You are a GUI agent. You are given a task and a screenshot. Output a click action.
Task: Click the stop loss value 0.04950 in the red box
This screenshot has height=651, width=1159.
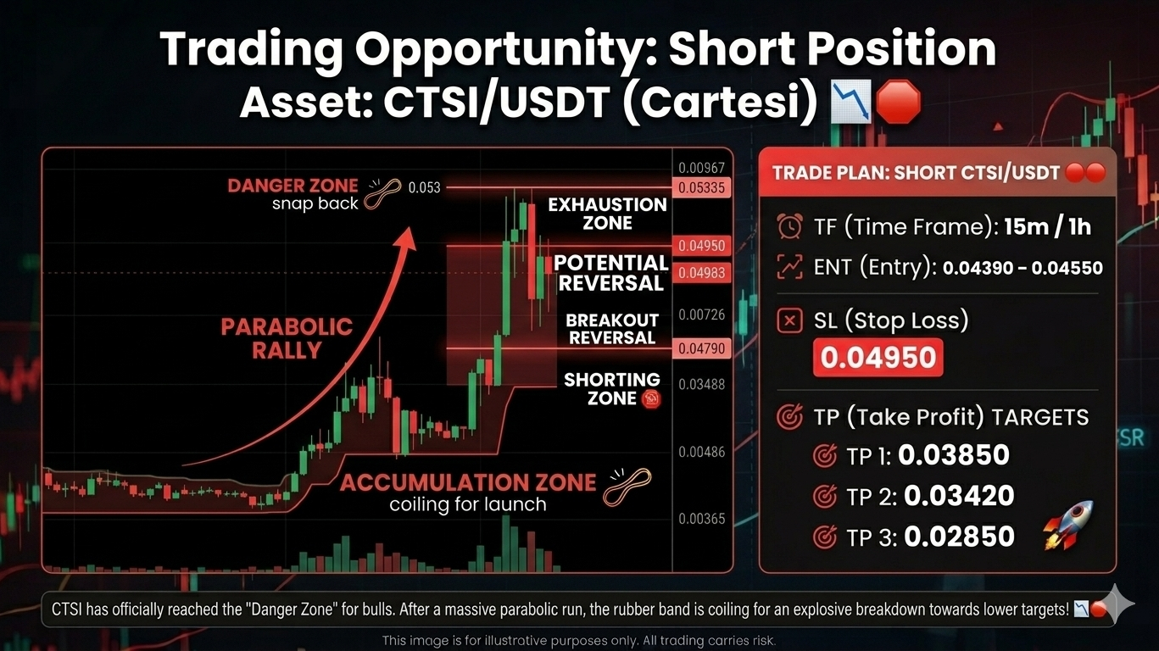pos(878,357)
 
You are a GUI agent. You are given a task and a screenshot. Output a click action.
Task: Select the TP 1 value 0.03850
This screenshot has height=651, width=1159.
pos(954,455)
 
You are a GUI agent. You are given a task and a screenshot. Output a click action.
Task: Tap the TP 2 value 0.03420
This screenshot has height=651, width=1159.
pos(959,496)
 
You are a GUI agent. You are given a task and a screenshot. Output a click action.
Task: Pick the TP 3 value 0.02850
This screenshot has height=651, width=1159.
pos(959,536)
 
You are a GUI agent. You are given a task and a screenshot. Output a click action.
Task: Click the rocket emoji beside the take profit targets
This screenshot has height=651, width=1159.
pos(1068,525)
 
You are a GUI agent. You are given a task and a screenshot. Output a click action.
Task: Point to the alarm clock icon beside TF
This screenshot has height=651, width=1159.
pos(789,226)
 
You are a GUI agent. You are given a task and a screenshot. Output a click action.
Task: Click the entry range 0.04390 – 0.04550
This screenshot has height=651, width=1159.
pos(1022,268)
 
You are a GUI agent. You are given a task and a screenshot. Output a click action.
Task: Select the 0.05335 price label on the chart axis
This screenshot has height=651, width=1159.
pos(702,187)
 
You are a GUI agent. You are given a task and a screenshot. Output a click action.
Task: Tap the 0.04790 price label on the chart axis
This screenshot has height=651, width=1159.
pos(702,348)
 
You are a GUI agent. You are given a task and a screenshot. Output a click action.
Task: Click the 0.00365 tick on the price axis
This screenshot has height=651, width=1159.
pos(702,519)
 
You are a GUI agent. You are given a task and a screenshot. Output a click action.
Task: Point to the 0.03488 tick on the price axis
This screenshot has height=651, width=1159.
pos(702,385)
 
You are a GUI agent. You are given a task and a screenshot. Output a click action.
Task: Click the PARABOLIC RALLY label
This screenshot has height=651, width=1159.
pos(287,338)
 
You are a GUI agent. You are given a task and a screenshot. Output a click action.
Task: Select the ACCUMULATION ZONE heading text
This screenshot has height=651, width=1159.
pos(468,482)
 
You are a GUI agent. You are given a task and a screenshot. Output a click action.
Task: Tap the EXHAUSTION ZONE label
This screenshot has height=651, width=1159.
pos(607,214)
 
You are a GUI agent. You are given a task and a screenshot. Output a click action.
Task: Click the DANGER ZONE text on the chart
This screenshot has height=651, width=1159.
pos(293,186)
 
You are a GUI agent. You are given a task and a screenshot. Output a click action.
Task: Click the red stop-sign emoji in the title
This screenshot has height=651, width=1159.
pos(899,102)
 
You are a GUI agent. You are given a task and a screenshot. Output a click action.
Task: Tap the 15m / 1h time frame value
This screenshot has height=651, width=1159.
pos(1048,226)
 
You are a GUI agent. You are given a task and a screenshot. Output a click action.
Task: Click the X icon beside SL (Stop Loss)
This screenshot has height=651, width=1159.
pos(789,321)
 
